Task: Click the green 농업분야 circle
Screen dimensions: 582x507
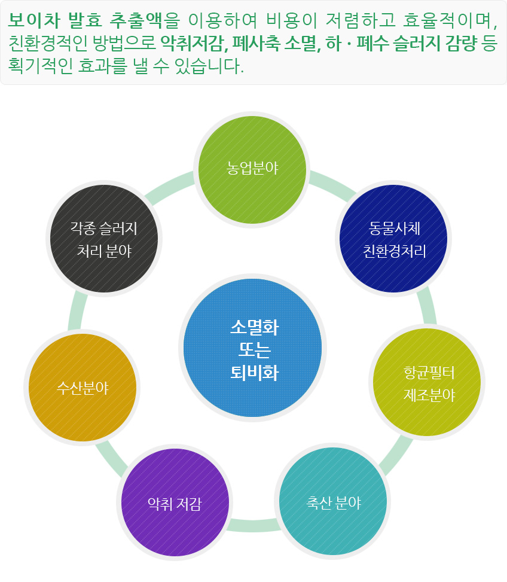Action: point(252,168)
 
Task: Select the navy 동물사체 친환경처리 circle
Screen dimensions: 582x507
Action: point(394,239)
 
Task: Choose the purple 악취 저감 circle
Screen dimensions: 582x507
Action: point(174,504)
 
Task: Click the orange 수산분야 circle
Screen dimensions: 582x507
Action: point(83,387)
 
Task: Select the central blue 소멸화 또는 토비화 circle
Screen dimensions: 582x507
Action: point(253,348)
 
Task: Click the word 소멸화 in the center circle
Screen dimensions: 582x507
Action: point(253,327)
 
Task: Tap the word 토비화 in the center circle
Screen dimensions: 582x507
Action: point(253,373)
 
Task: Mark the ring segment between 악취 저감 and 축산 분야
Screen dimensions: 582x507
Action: point(253,525)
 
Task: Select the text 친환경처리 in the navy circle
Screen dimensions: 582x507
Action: point(394,251)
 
